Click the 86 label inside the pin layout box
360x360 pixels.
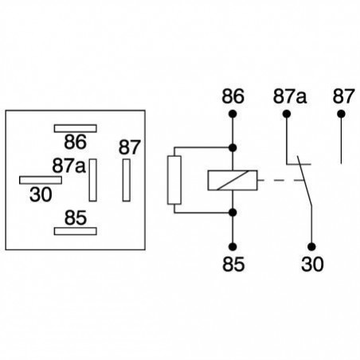coord(74,143)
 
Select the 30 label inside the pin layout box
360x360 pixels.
coord(39,193)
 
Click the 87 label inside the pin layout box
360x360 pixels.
coord(129,147)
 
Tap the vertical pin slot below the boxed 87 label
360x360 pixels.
coord(125,179)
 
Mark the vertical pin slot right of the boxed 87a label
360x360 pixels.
coord(93,179)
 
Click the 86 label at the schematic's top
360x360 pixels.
coord(233,96)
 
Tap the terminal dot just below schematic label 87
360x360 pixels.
coord(342,113)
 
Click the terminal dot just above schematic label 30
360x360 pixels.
coord(312,245)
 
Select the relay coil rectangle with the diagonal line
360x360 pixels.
coord(233,180)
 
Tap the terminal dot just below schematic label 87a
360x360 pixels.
coord(287,113)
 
